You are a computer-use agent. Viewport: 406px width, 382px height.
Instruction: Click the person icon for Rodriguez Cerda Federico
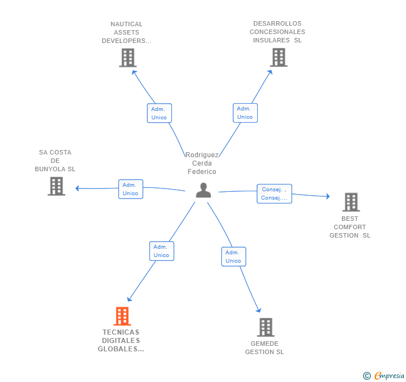point(204,190)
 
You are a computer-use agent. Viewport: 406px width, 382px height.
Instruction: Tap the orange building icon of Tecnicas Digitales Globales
point(122,316)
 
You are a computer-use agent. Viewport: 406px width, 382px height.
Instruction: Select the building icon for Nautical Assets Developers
point(128,57)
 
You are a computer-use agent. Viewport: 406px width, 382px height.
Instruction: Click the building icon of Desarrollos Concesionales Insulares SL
point(278,57)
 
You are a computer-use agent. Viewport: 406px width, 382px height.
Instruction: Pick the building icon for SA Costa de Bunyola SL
point(56,186)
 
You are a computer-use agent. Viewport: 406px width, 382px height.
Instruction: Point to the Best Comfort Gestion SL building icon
point(351,202)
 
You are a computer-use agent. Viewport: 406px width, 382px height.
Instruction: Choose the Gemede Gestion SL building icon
point(265,327)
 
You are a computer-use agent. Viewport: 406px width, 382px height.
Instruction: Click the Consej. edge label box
point(274,194)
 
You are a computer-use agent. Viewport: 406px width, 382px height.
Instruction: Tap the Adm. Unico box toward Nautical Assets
point(159,113)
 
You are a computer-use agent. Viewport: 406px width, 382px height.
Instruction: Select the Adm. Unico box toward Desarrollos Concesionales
point(245,113)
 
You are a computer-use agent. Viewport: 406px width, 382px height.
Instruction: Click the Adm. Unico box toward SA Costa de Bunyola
point(130,189)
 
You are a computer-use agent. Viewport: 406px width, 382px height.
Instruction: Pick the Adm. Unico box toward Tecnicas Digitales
point(161,251)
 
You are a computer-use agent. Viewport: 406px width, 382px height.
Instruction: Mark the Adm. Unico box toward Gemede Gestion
point(233,257)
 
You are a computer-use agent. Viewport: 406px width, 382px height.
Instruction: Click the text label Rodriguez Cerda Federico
point(202,163)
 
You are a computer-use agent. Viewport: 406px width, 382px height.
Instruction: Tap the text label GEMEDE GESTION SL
point(264,347)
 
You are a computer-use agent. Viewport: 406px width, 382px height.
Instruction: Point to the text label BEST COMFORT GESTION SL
point(350,227)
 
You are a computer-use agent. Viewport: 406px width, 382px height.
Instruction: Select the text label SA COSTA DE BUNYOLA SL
point(55,161)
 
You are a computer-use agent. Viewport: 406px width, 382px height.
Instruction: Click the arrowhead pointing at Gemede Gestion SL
point(258,310)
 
